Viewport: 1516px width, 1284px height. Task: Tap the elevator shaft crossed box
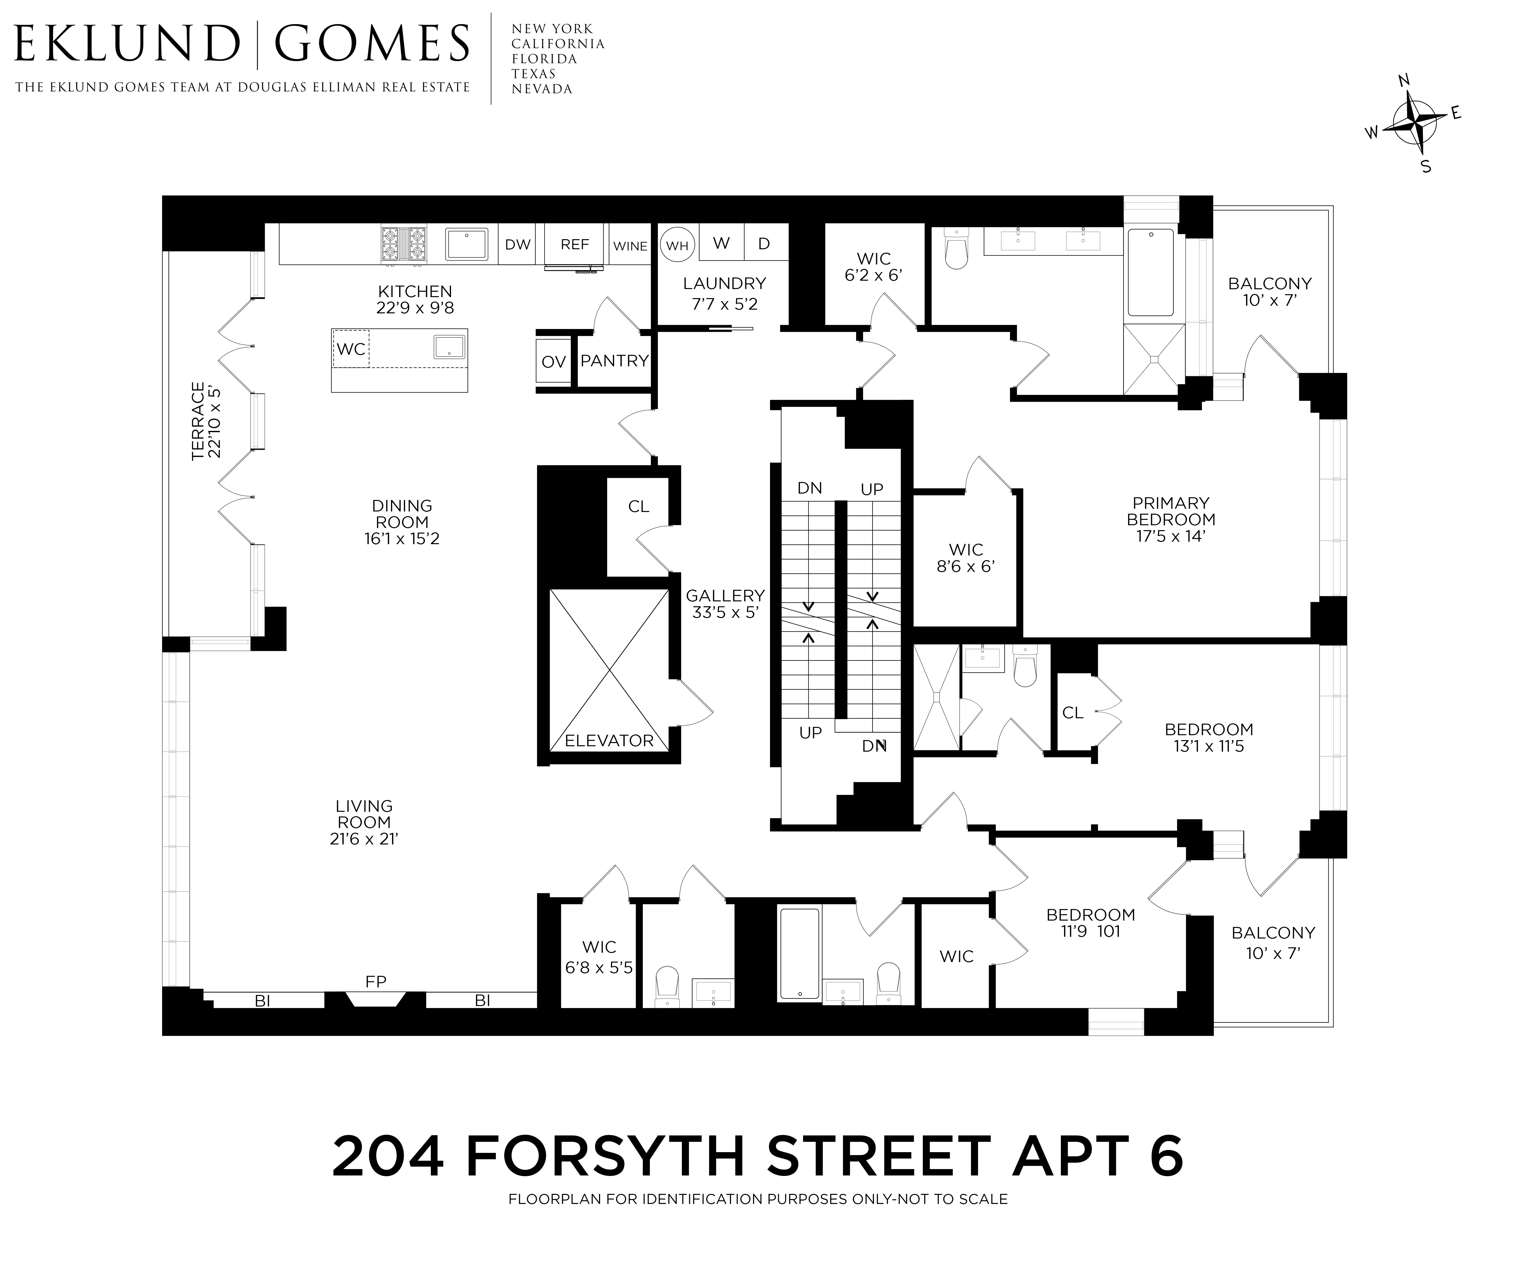(x=609, y=670)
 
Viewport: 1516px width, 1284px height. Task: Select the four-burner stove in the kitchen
(x=403, y=244)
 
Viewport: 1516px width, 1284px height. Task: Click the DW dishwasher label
(x=518, y=245)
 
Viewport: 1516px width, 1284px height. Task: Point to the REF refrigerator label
(x=575, y=245)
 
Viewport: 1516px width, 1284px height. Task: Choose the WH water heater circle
(x=677, y=245)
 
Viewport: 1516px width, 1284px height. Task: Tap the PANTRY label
(x=614, y=360)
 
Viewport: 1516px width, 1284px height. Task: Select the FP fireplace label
(x=376, y=981)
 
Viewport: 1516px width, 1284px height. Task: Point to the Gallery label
(x=725, y=595)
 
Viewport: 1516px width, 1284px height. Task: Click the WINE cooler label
(x=630, y=246)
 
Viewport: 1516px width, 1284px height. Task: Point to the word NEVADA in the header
(x=542, y=89)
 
